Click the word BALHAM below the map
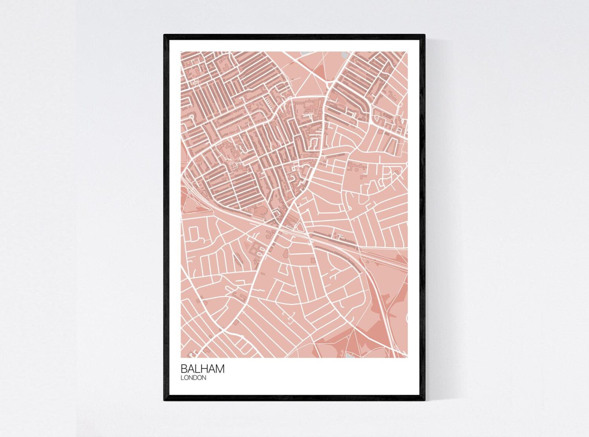click(203, 369)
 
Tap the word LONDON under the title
click(193, 378)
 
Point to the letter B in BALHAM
click(184, 369)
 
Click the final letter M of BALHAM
click(220, 369)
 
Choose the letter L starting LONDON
click(182, 378)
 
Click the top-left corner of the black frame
click(165, 35)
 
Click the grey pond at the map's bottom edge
click(350, 356)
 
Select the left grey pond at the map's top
click(305, 53)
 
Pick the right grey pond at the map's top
click(345, 55)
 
